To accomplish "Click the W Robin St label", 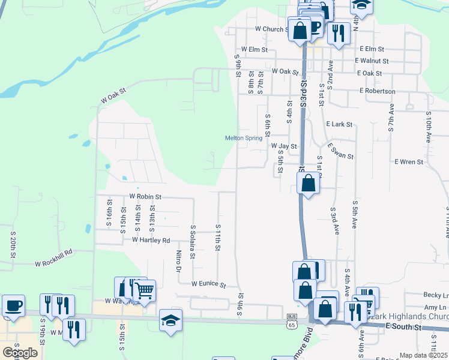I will click(146, 196).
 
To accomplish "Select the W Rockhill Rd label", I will click(53, 262).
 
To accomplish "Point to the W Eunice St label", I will click(208, 284).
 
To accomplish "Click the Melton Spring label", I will click(244, 138).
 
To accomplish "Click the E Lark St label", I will click(339, 124).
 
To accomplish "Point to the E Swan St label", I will click(340, 151).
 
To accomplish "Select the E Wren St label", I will click(409, 162).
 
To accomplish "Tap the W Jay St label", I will click(284, 146).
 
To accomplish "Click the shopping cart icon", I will click(144, 291).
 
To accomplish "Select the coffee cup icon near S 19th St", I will click(13, 305).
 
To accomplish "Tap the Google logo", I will click(20, 353).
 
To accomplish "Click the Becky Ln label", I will click(436, 295).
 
